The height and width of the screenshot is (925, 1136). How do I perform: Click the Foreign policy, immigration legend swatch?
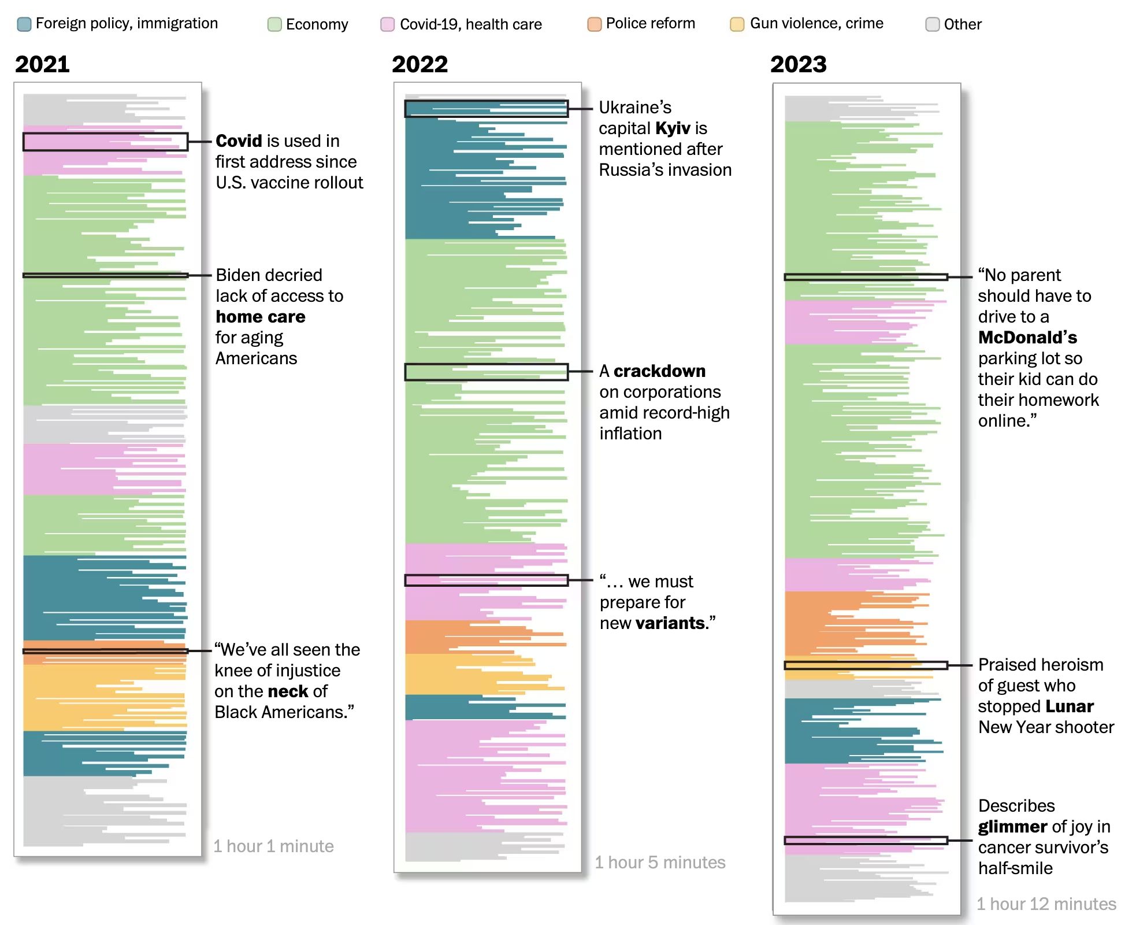[x=24, y=24]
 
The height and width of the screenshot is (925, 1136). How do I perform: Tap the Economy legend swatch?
[x=274, y=24]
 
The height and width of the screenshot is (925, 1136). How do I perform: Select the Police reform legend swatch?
[x=594, y=24]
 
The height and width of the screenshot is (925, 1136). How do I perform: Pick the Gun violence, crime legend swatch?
[x=737, y=24]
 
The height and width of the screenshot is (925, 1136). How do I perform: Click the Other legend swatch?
[x=932, y=24]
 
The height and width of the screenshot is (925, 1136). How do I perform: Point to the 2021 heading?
[x=42, y=64]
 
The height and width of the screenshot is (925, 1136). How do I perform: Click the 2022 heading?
[x=419, y=64]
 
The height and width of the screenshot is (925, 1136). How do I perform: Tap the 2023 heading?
[x=798, y=64]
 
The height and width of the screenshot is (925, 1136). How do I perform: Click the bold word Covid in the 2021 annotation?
[x=239, y=141]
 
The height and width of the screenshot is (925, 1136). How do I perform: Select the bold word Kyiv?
[x=673, y=128]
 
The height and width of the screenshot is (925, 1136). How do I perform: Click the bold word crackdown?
[x=659, y=371]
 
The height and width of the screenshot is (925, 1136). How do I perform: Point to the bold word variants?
[x=670, y=623]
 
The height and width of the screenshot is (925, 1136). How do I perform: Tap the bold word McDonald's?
[x=1027, y=338]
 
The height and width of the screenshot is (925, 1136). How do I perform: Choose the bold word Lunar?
[x=1070, y=706]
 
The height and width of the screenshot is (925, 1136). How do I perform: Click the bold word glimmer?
[x=1012, y=827]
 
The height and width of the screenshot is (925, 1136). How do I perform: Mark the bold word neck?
[x=288, y=691]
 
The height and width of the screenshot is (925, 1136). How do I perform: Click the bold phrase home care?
[x=260, y=317]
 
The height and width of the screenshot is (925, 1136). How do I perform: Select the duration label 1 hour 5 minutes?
[x=660, y=863]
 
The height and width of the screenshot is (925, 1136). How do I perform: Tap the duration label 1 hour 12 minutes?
[x=1046, y=904]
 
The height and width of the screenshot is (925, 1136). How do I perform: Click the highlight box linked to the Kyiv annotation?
[x=486, y=109]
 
